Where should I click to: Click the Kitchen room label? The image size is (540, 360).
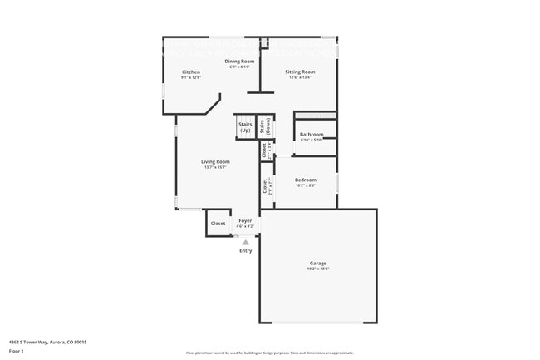coord(191,72)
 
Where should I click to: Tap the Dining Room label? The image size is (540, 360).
coord(239,62)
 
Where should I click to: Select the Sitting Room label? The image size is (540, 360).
coord(300,72)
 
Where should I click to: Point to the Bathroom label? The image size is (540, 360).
coord(312,134)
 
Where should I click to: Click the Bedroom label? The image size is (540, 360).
coord(305,180)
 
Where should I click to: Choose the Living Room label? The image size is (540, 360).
coord(215,161)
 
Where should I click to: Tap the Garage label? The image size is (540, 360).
coord(319,264)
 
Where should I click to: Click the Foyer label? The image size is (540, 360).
coord(245,221)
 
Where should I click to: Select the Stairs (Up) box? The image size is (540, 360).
coord(245,127)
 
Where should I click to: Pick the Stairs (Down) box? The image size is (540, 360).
coord(267,126)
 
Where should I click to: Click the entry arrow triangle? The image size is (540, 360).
coord(245,242)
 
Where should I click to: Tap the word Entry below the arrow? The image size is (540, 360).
coord(245,250)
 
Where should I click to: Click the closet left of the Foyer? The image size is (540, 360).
coord(218,223)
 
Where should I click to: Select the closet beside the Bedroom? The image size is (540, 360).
coord(266,185)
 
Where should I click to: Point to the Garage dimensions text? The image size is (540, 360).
coord(319,269)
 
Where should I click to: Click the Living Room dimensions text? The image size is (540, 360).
coord(215,167)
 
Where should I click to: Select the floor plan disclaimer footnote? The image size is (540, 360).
coord(269,353)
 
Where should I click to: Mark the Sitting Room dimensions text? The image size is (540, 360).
coord(300,77)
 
